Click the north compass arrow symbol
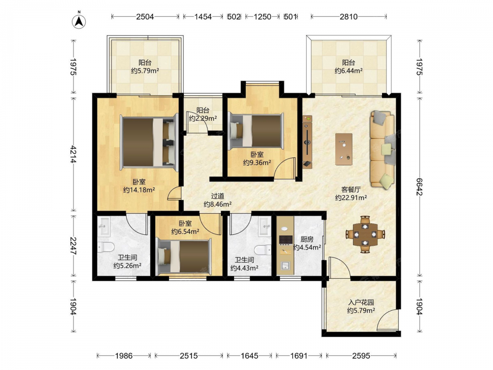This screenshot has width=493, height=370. pyautogui.click(x=79, y=21)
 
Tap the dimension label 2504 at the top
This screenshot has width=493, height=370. pyautogui.click(x=145, y=17)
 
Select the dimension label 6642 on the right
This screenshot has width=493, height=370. pyautogui.click(x=419, y=187)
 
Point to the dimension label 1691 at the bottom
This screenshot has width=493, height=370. pyautogui.click(x=298, y=356)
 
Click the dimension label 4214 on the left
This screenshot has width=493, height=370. pyautogui.click(x=73, y=154)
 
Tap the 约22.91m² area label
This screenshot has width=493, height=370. pyautogui.click(x=351, y=198)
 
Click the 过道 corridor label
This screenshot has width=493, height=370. pyautogui.click(x=217, y=196)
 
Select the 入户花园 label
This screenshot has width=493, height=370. pyautogui.click(x=361, y=303)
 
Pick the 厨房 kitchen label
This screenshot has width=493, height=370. pyautogui.click(x=307, y=239)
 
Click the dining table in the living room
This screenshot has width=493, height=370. pyautogui.click(x=365, y=234)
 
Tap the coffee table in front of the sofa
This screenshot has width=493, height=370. pyautogui.click(x=344, y=149)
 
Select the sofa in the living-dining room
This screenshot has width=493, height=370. pyautogui.click(x=383, y=149)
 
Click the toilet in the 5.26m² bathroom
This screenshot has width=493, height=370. pyautogui.click(x=105, y=247)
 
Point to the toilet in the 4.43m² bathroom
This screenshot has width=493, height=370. pyautogui.click(x=263, y=250)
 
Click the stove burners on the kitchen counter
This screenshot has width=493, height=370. pyautogui.click(x=285, y=240)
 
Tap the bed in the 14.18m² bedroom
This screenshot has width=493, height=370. pyautogui.click(x=149, y=142)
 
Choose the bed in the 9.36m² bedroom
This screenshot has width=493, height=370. pyautogui.click(x=256, y=131)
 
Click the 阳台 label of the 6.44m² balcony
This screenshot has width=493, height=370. pyautogui.click(x=349, y=63)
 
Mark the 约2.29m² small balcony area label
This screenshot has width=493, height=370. pyautogui.click(x=203, y=118)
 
